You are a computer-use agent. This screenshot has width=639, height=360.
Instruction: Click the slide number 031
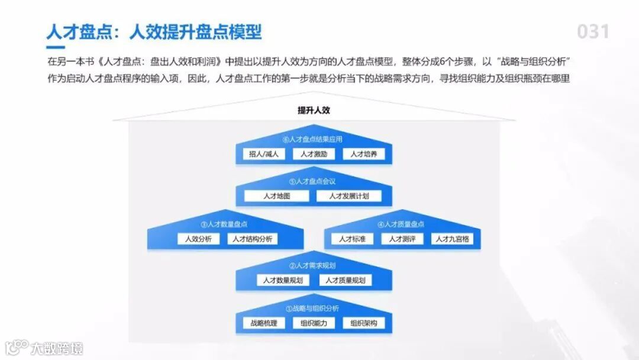[x=593, y=31]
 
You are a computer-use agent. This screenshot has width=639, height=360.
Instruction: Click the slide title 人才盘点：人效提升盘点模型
[x=154, y=31]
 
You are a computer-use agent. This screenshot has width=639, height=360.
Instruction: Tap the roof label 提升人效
[x=314, y=110]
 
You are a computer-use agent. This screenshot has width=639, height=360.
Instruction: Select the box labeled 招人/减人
[x=263, y=154]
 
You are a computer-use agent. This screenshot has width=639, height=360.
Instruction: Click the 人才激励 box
[x=314, y=154]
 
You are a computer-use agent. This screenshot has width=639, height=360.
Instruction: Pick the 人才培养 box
[x=363, y=154]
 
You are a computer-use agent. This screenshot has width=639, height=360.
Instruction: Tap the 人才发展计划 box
[x=349, y=196]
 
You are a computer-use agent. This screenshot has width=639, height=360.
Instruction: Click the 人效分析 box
[x=198, y=239]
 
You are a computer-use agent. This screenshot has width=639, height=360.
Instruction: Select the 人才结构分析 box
[x=253, y=239]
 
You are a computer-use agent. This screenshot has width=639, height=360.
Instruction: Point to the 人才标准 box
[x=352, y=239]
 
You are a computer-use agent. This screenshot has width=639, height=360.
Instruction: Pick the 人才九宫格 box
[x=452, y=239]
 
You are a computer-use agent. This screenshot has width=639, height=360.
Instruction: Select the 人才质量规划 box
[x=345, y=280]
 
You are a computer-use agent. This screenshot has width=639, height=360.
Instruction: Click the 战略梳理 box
[x=263, y=323]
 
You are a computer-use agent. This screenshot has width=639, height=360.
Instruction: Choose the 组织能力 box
[x=314, y=323]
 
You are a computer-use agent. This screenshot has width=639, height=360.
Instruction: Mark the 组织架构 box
[x=363, y=323]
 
